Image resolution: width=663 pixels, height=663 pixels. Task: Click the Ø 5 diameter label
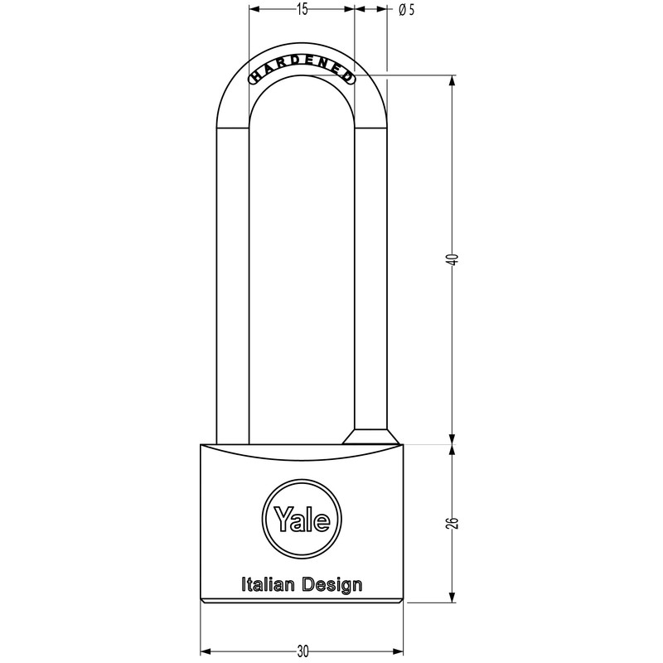(x=406, y=10)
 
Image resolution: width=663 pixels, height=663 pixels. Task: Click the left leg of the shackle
(x=233, y=282)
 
